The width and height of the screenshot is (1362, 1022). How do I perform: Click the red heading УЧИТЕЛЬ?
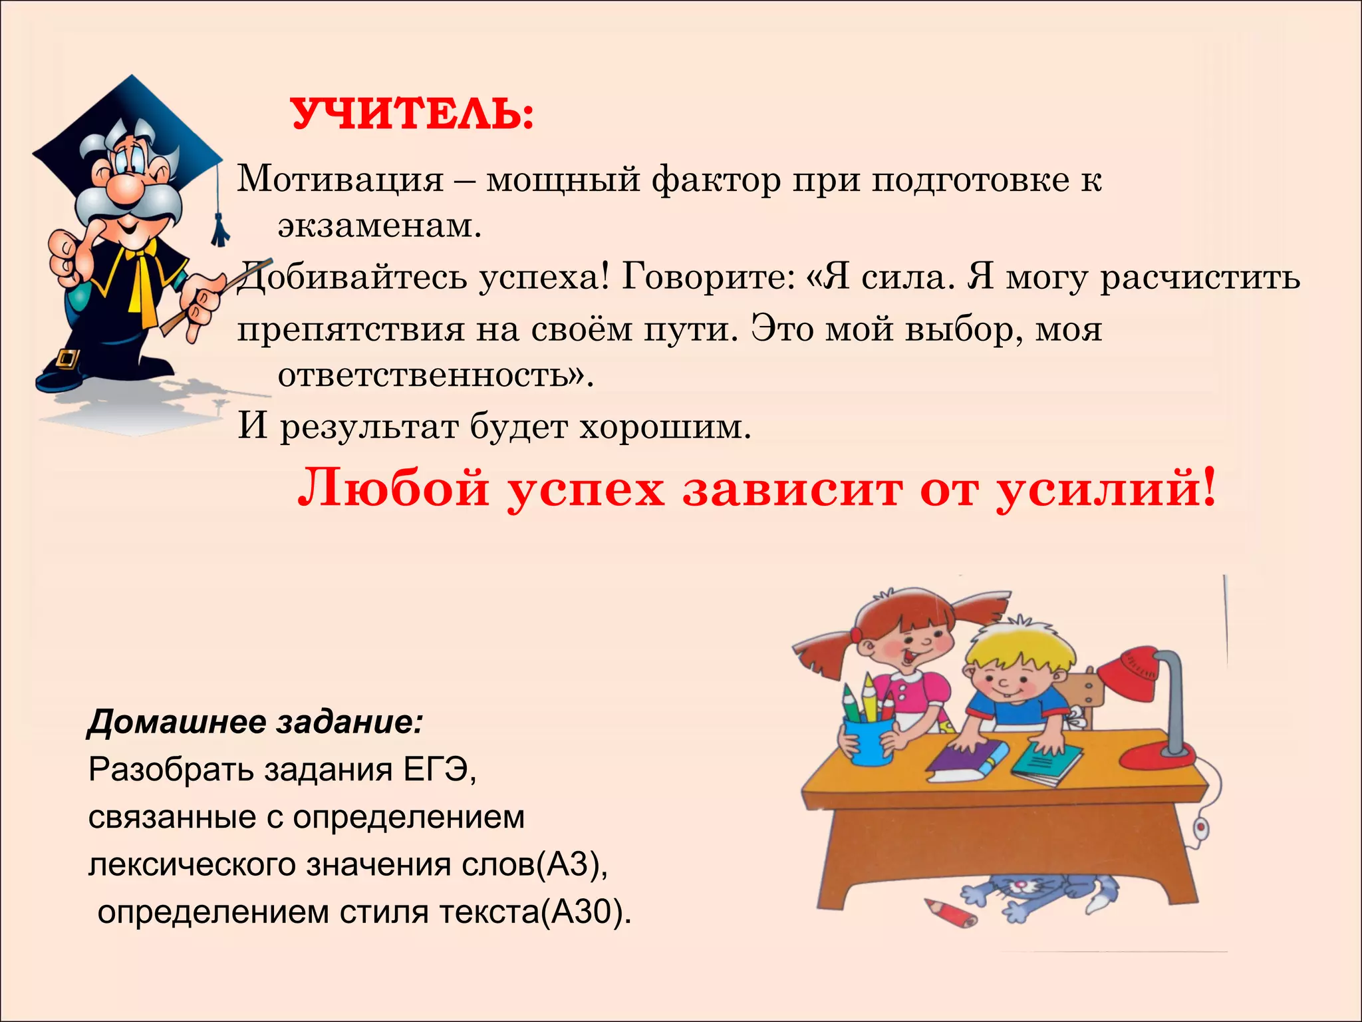(x=412, y=114)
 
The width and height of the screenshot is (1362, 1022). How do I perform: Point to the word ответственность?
(x=432, y=376)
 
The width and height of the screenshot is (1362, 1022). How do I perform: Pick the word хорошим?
(x=665, y=426)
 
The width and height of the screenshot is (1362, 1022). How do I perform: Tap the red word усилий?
(x=1104, y=489)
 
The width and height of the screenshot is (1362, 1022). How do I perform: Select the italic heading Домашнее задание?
(x=255, y=722)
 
